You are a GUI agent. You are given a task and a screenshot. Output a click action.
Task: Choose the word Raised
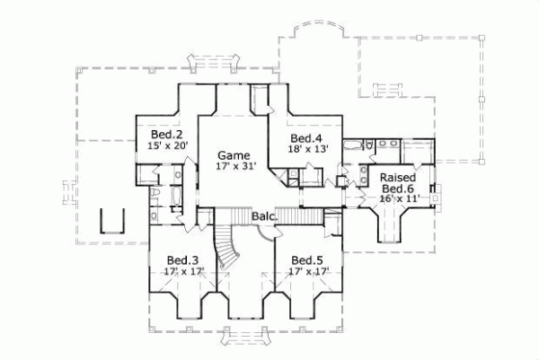point(396,178)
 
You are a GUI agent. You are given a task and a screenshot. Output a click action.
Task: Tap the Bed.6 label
point(396,189)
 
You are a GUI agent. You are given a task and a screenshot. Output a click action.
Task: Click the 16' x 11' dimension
point(396,198)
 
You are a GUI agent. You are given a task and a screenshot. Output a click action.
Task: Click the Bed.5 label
point(305,259)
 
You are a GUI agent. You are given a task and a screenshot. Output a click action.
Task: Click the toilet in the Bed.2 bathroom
point(155,194)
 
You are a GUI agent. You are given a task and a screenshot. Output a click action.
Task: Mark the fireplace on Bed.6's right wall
point(437,192)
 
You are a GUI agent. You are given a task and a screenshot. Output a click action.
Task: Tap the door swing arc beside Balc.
point(262,233)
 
